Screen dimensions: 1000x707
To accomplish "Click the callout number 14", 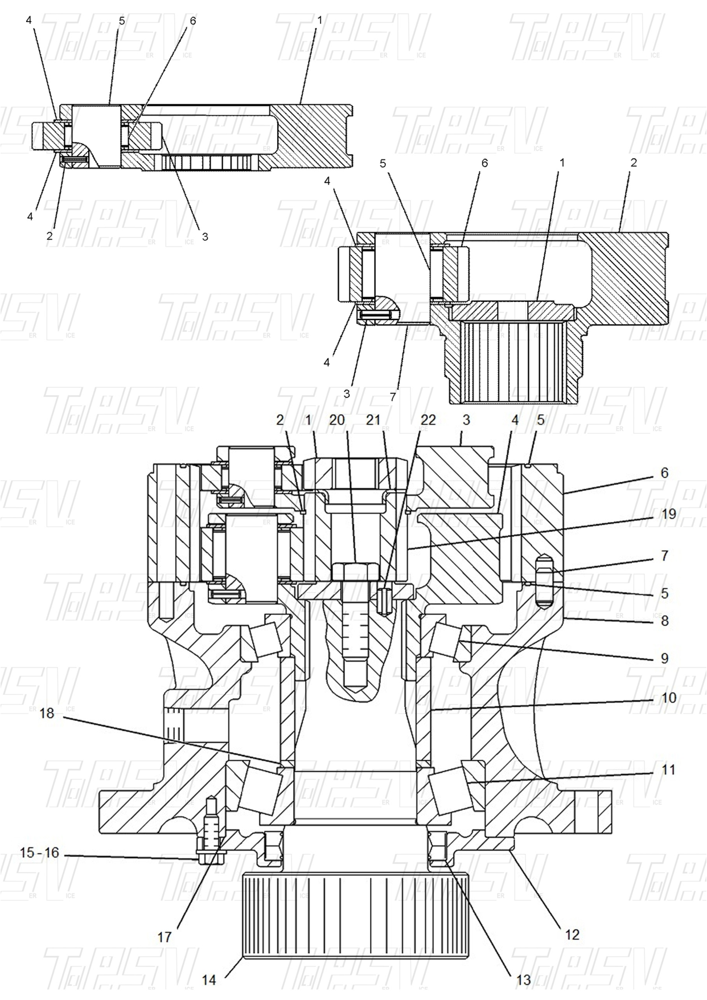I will [x=208, y=980].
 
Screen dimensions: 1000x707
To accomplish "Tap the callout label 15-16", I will [x=39, y=853].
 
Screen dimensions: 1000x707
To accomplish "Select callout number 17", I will [x=165, y=937].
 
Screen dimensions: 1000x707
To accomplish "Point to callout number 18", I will [x=47, y=713].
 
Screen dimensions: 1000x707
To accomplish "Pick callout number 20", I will [x=337, y=420].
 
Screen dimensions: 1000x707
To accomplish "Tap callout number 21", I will [x=373, y=420].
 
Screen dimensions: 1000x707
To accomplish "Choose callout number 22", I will [x=428, y=420].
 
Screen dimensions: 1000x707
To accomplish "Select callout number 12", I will [x=572, y=934].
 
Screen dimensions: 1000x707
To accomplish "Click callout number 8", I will [x=664, y=621].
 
